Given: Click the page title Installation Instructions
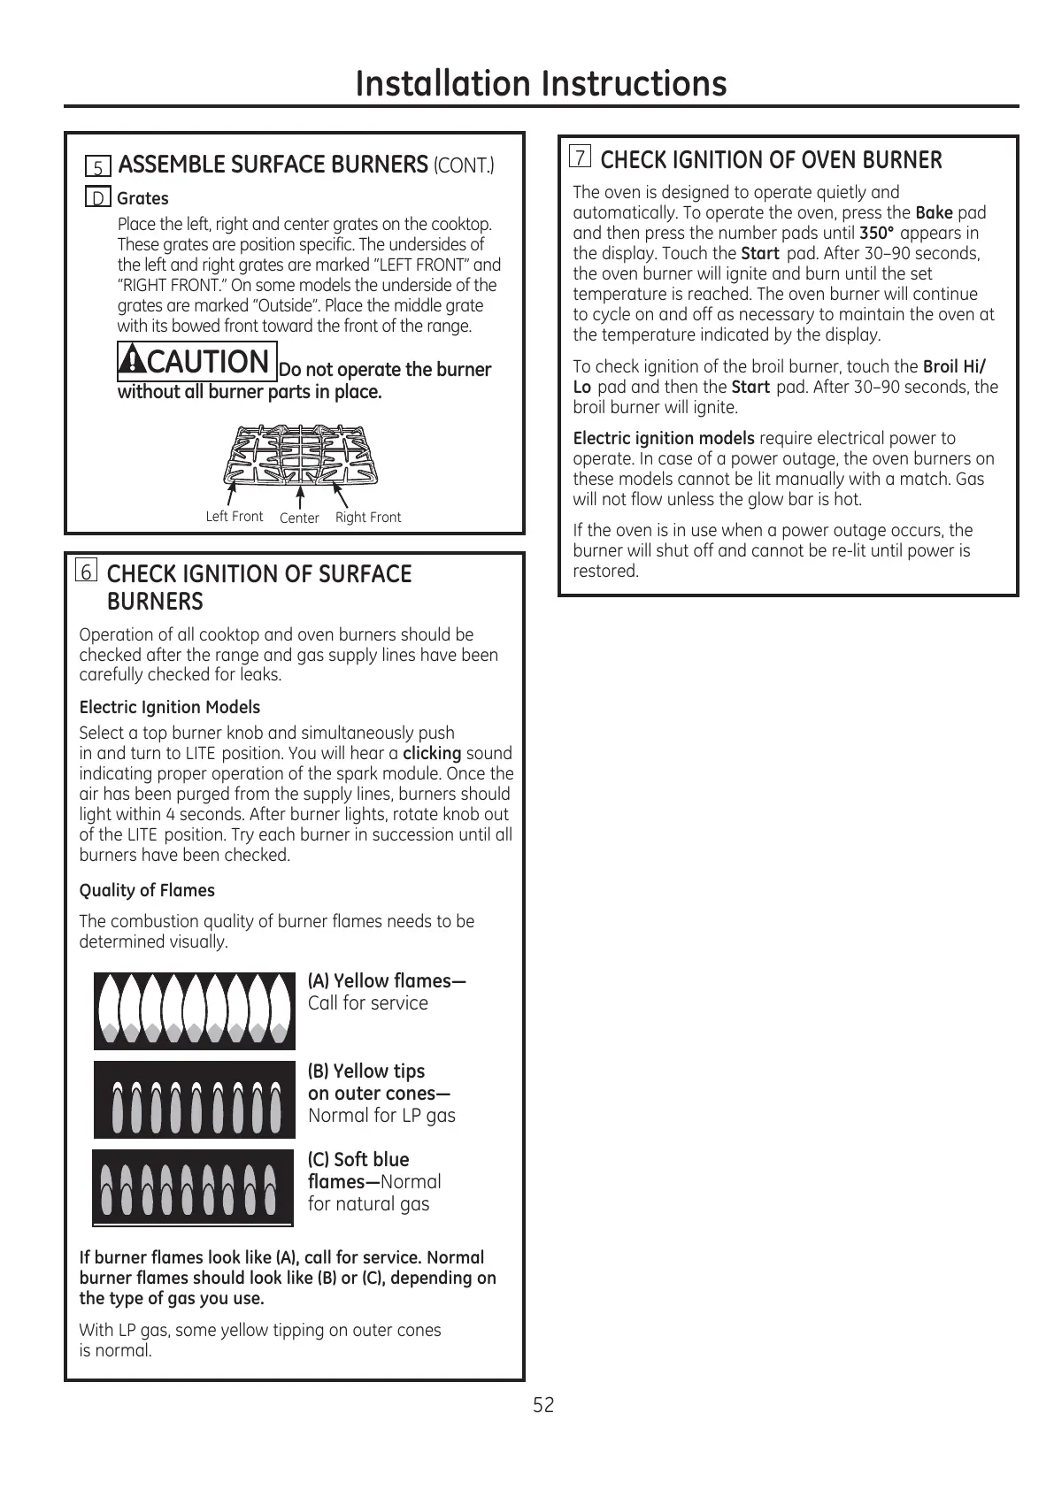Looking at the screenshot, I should pos(541,84).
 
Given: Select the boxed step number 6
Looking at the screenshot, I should pos(87,572).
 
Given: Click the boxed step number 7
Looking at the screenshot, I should pos(581,157).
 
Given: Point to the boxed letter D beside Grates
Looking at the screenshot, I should pos(98,198).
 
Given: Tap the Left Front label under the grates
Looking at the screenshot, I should pos(234,516).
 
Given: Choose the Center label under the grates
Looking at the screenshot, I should pos(299,518).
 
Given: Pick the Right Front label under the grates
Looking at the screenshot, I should pos(368,517).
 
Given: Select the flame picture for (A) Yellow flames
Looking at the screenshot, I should pos(195,1010).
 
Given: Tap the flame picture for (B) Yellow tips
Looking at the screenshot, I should pos(195,1099).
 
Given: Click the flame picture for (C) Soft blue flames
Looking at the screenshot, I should pos(193,1187).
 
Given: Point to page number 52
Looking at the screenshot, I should pos(543,1405).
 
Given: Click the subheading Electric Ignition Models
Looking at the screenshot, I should pos(170,707).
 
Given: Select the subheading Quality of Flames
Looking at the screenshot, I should pos(147,890).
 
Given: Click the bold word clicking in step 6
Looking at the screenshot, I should pos(432,753).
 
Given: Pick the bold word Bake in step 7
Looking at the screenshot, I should pos(934,212).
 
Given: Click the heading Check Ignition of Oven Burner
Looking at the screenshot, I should pos(771,160).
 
